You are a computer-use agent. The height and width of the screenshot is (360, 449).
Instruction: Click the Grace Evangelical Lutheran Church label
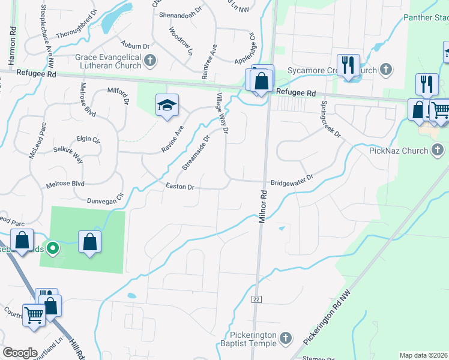(108, 61)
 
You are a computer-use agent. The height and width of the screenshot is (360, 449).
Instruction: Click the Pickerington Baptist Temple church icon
(286, 339)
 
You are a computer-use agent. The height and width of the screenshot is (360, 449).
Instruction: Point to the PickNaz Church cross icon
(438, 150)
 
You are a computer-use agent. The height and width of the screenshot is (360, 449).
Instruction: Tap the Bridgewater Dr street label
(292, 178)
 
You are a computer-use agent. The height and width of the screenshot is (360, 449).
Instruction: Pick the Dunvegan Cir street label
(105, 199)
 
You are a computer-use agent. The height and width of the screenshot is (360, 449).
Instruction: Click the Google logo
(20, 353)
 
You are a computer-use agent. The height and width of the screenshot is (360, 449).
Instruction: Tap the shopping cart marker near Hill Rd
(34, 314)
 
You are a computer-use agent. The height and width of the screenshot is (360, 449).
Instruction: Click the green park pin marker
(53, 247)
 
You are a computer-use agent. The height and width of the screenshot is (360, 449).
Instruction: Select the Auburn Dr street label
(134, 46)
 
